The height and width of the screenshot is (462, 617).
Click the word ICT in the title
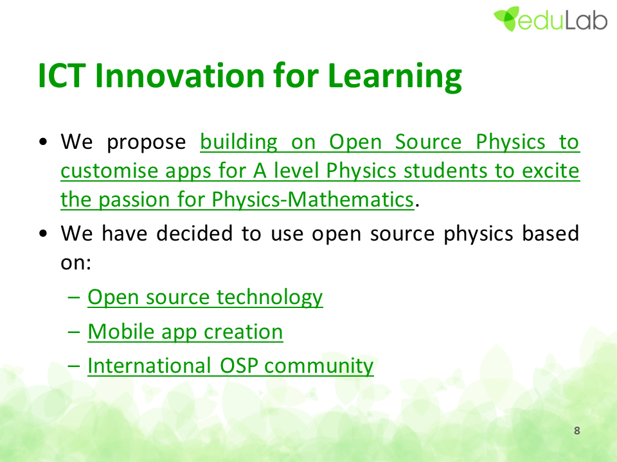coord(62,76)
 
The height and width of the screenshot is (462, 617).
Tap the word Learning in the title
coord(395,78)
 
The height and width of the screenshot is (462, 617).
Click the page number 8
coord(577,431)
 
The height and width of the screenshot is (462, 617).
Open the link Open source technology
coord(205,297)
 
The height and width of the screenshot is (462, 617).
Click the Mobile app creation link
coord(185,332)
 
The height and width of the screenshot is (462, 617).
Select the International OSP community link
coord(231,366)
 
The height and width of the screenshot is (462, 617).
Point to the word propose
coord(147,143)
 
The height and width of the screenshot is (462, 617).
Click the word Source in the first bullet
coord(428,142)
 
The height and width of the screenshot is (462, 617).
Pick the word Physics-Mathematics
coord(313,200)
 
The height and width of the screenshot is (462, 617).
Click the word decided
coord(194,233)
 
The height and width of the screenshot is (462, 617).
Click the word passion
coord(134,200)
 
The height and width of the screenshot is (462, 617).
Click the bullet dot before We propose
coord(43,142)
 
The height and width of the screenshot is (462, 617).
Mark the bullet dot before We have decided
coord(43,234)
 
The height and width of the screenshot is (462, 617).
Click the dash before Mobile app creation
coord(73,332)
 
